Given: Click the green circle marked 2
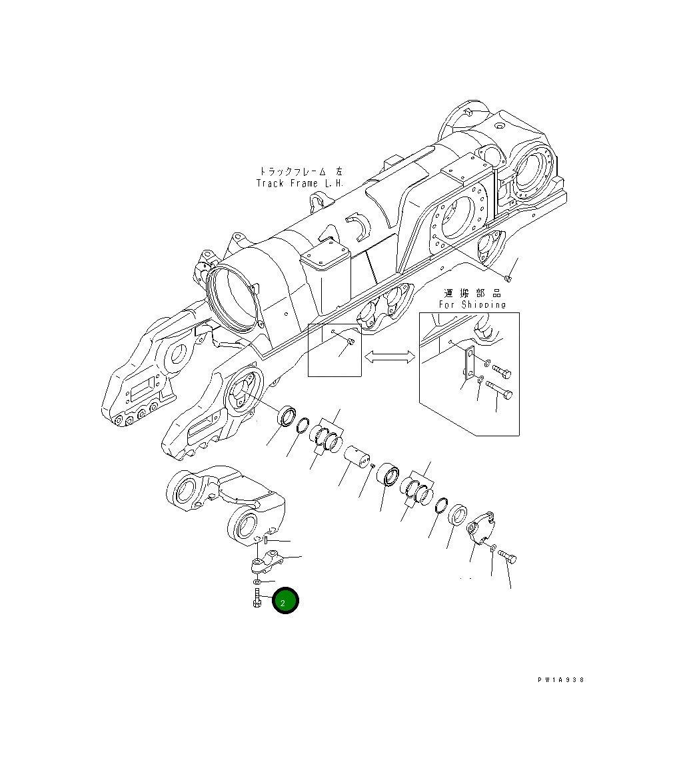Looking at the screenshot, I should [x=286, y=601].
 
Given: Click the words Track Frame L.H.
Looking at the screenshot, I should [x=300, y=183].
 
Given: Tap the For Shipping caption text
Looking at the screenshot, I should [x=472, y=304].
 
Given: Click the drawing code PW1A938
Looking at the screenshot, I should [x=561, y=680].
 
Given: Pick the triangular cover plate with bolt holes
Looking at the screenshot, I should [x=479, y=532].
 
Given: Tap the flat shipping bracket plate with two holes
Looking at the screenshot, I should [x=468, y=366].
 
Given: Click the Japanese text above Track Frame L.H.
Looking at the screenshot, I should [x=300, y=171].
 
